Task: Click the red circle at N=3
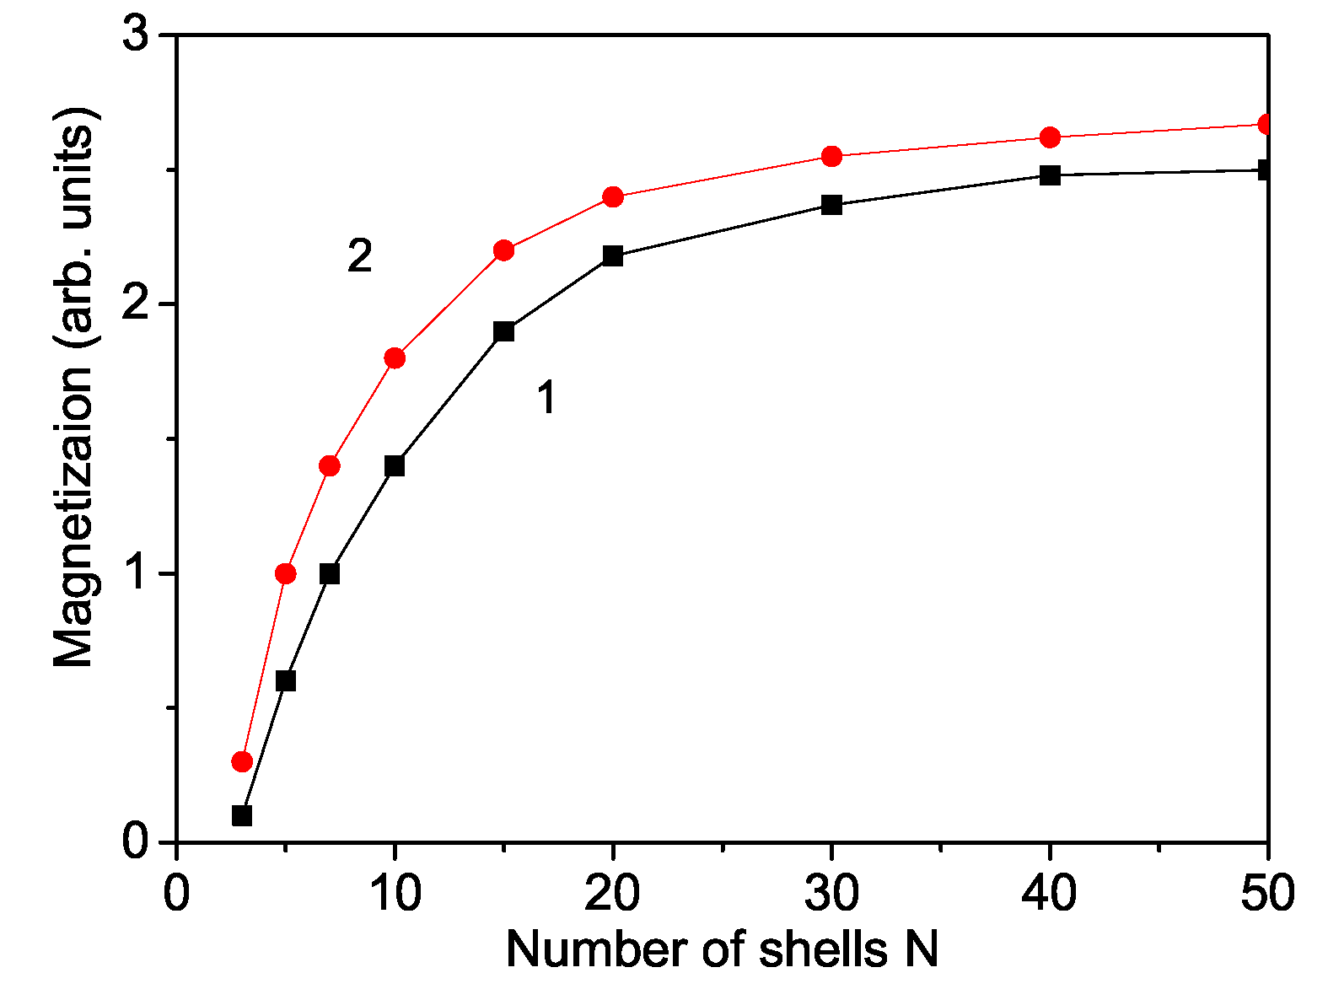click(x=242, y=761)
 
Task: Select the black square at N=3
click(x=242, y=815)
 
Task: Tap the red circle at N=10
click(x=395, y=358)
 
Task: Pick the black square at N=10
click(x=395, y=465)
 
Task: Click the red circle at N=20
click(x=613, y=197)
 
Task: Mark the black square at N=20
click(x=613, y=256)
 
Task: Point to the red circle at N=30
click(x=831, y=156)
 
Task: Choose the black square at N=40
click(x=1050, y=175)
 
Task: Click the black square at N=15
click(x=504, y=331)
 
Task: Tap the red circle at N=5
click(x=286, y=573)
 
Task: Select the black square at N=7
click(x=330, y=573)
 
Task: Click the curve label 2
click(x=360, y=255)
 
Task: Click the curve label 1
click(x=546, y=397)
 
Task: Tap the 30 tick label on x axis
click(x=831, y=893)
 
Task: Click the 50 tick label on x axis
click(x=1267, y=893)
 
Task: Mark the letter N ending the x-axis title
click(x=922, y=949)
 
